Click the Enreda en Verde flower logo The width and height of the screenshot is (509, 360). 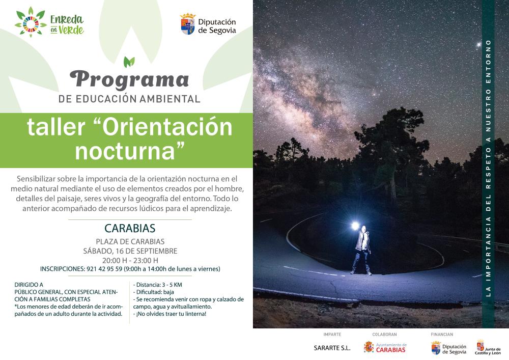pos(31,22)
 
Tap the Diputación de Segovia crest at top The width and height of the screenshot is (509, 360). pos(188,24)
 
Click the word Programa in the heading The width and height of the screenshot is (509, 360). pos(129,80)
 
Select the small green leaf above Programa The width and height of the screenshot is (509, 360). pos(129,62)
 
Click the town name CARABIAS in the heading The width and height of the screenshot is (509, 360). pos(130,228)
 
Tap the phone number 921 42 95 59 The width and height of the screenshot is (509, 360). pos(104,269)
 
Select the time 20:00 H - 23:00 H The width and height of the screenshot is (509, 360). pos(130,260)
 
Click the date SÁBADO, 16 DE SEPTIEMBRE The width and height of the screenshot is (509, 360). pos(130,251)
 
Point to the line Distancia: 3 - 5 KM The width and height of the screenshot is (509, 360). pos(158,285)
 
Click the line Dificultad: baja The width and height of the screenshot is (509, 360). pos(154,292)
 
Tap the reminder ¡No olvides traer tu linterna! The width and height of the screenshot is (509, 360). pos(170,314)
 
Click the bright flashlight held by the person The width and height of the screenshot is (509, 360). pos(355,226)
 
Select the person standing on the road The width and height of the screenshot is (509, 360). pos(362,251)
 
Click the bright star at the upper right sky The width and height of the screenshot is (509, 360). pos(478,45)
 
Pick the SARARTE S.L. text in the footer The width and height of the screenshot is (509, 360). pos(332,348)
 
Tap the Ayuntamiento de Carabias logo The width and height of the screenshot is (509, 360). pos(385,347)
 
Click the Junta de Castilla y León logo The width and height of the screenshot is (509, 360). pos(488,348)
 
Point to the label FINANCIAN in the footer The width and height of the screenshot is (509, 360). pos(442,335)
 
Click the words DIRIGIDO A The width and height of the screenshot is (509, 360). pos(29,285)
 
